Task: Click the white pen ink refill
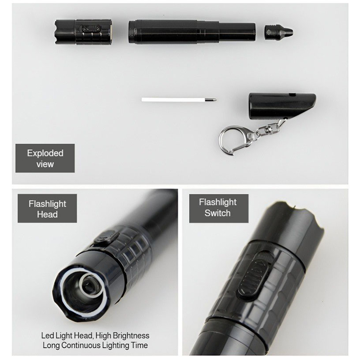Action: point(179,99)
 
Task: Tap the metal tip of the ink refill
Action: point(211,99)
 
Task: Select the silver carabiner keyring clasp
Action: point(234,140)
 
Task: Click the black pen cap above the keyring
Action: point(282,106)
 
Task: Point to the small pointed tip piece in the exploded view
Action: point(279,32)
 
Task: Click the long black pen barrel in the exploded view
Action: point(192,31)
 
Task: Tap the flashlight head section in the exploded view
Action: point(83,31)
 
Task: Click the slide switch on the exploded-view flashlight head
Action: point(92,29)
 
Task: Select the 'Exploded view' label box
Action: point(45,158)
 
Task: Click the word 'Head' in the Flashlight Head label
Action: point(47,214)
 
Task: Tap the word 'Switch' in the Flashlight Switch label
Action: point(217,213)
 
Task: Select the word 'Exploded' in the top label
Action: point(45,153)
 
